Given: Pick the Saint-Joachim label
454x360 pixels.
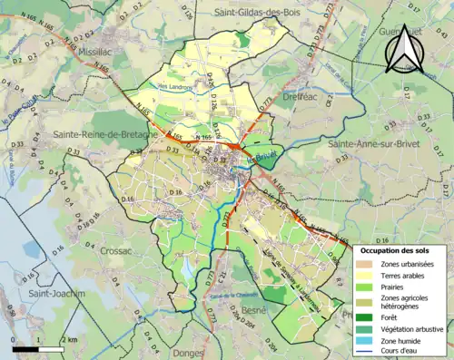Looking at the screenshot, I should [56, 294].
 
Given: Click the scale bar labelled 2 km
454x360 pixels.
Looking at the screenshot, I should [36, 348].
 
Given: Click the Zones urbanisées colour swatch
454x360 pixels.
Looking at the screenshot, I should [368, 263].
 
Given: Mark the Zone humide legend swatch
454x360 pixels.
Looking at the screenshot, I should [368, 341].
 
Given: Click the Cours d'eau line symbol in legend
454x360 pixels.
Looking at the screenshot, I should [368, 353].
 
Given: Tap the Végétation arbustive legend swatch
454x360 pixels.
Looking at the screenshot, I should [368, 329].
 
